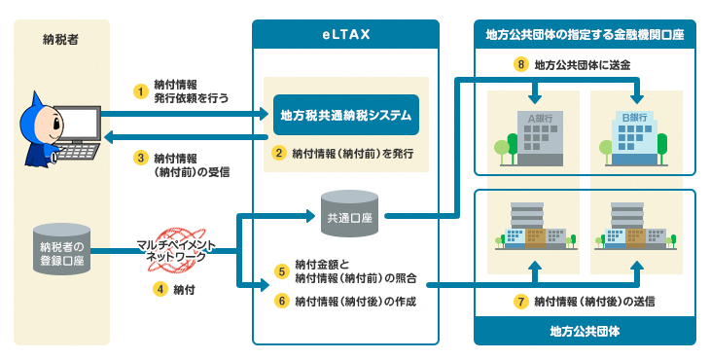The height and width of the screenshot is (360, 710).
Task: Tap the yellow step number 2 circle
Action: click(x=278, y=153)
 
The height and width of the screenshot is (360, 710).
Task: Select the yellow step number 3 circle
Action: click(x=141, y=157)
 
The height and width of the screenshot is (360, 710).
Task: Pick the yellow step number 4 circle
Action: click(x=160, y=288)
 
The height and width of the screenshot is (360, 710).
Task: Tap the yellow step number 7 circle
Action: click(x=521, y=302)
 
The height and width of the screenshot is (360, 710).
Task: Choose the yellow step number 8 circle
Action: click(x=521, y=65)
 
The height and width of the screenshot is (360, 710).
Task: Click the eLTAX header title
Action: click(x=346, y=34)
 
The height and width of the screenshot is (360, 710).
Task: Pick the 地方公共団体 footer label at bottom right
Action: click(x=585, y=332)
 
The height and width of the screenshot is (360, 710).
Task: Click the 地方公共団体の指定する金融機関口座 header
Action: click(x=585, y=34)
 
